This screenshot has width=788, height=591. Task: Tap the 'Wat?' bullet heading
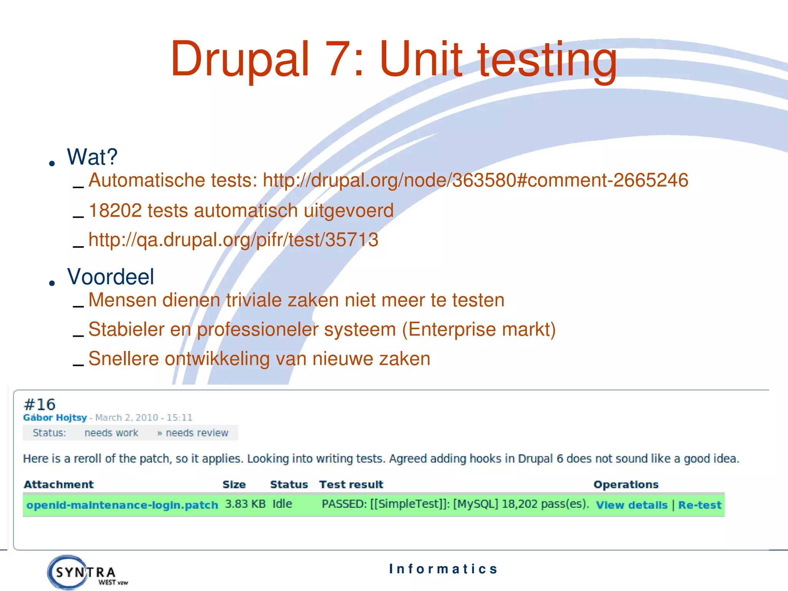[92, 157]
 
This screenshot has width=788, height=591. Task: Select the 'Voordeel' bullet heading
[111, 277]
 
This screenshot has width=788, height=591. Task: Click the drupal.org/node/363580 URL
[476, 180]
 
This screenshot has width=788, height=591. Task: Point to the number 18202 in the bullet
[115, 210]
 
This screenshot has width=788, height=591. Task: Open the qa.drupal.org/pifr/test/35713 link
[233, 240]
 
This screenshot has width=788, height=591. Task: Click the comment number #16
[40, 404]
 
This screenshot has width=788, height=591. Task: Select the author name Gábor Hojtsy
[55, 417]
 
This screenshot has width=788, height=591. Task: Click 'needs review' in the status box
[197, 433]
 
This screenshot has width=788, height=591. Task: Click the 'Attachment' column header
[58, 484]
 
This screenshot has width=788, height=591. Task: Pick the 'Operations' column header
[626, 484]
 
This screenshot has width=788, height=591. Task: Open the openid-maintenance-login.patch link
[122, 505]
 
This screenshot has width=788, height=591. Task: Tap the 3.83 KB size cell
[245, 504]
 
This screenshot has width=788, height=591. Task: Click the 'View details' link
[631, 505]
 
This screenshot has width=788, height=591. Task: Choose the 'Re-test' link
[700, 505]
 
